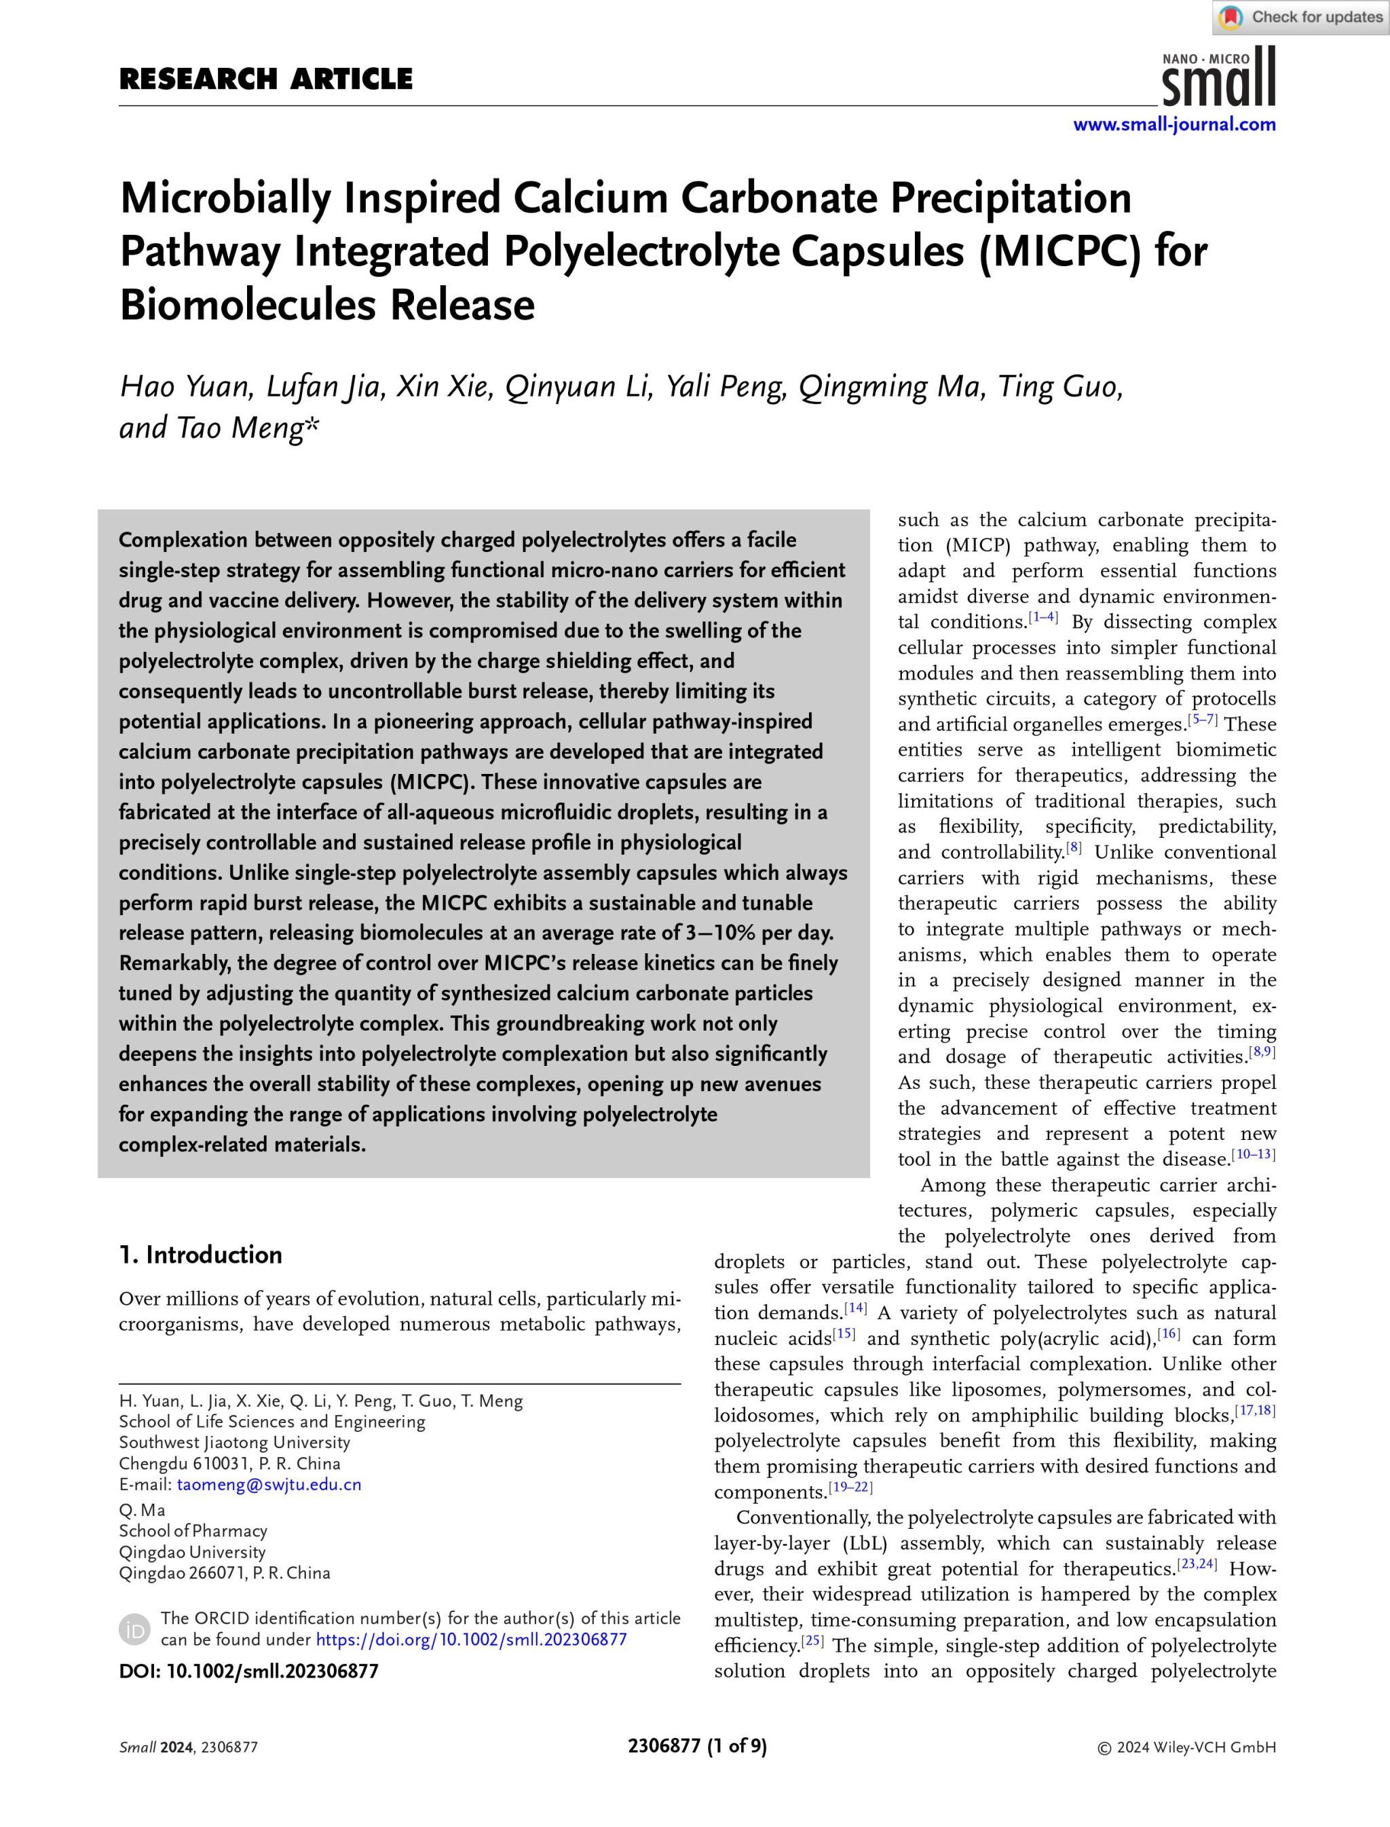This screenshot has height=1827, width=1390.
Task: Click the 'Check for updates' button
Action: click(1300, 18)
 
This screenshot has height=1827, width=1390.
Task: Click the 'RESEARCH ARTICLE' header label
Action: click(265, 79)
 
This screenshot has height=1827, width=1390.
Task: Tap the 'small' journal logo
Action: click(1219, 79)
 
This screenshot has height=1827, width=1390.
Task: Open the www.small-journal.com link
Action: click(1174, 125)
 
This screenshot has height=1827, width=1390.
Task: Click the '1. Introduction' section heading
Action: click(200, 1255)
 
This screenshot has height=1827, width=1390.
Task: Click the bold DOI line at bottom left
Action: click(248, 1671)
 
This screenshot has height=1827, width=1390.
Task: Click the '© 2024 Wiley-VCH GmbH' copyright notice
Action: click(1186, 1748)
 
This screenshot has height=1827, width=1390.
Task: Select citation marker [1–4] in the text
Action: click(1042, 617)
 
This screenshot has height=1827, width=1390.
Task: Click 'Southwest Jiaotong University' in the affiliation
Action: click(234, 1442)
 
